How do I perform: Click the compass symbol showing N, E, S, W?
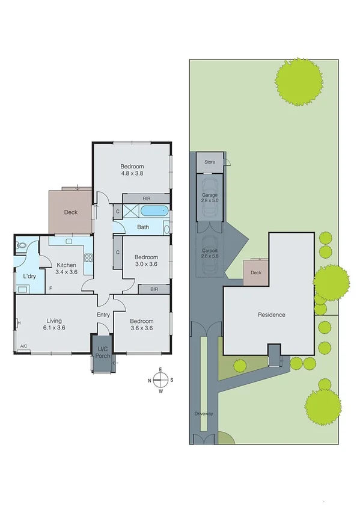click(160, 379)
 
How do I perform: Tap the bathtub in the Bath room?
click(154, 211)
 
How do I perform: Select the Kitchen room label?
click(66, 265)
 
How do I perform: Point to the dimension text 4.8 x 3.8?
click(132, 173)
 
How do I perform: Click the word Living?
click(53, 321)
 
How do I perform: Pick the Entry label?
click(103, 315)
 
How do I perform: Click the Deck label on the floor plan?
click(71, 212)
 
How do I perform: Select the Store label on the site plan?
click(209, 162)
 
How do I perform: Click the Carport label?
click(210, 250)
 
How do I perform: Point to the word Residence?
click(271, 315)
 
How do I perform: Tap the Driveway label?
click(204, 414)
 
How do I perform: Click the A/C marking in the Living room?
click(24, 346)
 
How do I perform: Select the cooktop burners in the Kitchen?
click(88, 259)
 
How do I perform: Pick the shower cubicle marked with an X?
click(131, 211)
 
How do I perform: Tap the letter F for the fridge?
click(51, 289)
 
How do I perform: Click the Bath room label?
click(143, 227)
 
